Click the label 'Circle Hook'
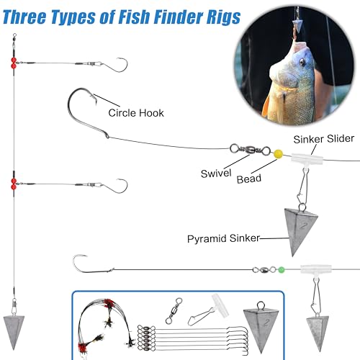coord(136,113)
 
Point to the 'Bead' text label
coord(249,179)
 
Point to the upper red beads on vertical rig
coord(13,63)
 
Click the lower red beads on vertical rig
coord(13,183)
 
